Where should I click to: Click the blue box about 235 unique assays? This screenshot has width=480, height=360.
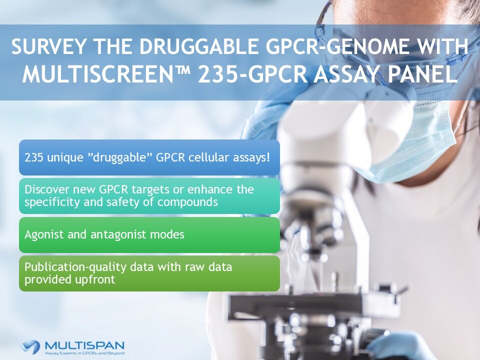point(149,157)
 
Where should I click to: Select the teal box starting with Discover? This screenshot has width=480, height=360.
point(149,196)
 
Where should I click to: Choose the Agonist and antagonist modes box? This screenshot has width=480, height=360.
point(149,234)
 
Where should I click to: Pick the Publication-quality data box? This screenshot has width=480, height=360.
point(149,273)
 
